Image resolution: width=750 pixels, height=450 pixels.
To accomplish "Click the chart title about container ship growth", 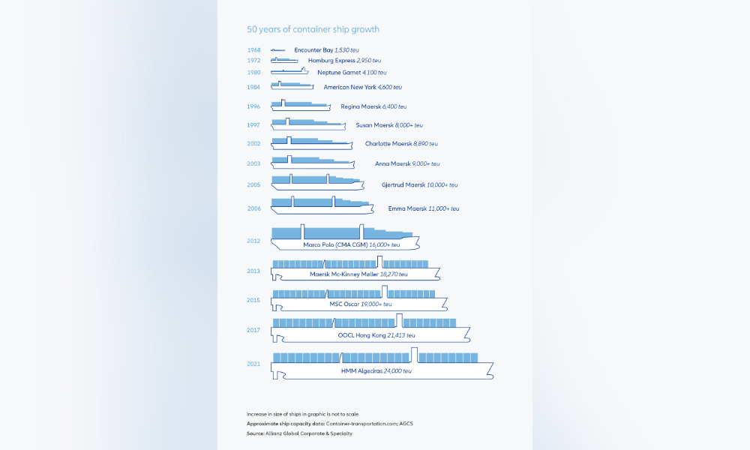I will point(313,30).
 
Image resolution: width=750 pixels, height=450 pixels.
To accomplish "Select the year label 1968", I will point(253,50).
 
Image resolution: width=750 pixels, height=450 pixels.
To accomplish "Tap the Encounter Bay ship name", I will point(313,50).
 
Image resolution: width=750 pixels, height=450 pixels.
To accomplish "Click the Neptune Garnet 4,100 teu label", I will point(346,73).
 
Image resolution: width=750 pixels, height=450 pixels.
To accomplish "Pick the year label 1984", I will point(253,87).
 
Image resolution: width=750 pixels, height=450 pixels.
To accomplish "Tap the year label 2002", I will point(253,144).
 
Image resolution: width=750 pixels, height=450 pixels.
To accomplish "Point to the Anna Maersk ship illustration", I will point(311,162).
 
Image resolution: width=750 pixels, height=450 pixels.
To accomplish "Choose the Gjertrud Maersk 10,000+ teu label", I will point(420,184).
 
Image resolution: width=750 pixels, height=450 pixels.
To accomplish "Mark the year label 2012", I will point(253,241).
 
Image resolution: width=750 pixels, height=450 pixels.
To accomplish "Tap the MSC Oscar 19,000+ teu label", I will point(360,304).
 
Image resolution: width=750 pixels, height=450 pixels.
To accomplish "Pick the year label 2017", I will point(253,330).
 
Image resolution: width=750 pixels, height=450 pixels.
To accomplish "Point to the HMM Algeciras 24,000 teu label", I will point(376,370).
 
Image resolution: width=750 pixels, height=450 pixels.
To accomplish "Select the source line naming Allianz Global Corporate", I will point(299,433).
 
